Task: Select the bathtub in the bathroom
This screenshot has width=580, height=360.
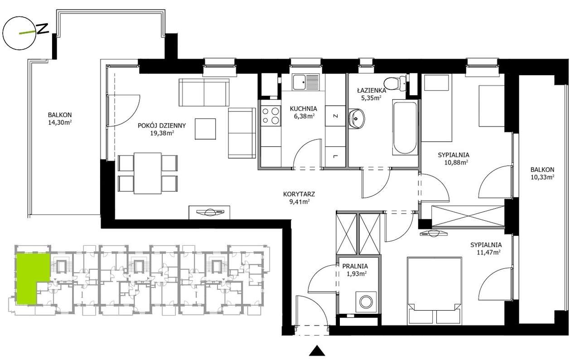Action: click(405, 127)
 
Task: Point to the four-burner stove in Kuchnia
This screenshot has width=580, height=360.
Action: click(271, 116)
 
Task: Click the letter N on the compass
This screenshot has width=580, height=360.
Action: click(43, 29)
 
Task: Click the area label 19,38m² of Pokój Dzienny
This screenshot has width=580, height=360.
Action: click(162, 133)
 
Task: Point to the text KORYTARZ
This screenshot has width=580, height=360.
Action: click(299, 194)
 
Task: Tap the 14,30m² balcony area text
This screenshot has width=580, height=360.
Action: click(60, 123)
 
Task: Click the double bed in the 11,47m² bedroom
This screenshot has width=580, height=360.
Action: click(434, 290)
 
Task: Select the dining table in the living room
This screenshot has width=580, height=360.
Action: click(148, 173)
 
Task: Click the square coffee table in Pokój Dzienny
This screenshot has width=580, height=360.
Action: click(205, 129)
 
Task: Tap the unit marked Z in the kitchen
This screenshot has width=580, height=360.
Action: click(335, 116)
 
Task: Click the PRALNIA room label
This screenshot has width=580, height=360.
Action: click(355, 266)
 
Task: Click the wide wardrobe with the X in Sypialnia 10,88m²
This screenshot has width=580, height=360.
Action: click(468, 216)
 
